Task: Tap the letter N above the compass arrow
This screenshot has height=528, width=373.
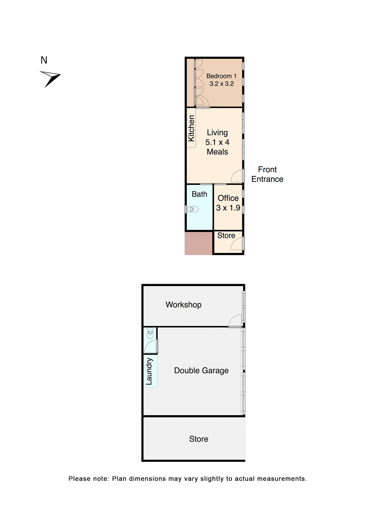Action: [x=44, y=60]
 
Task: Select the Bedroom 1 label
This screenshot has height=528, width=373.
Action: [x=221, y=76]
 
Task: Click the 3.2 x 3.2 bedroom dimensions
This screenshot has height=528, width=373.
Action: [x=221, y=84]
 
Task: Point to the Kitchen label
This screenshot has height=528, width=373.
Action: [x=191, y=128]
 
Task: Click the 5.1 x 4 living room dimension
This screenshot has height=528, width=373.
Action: [x=217, y=142]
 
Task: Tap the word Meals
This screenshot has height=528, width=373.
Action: [x=217, y=152]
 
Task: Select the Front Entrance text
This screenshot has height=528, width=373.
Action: [x=267, y=174]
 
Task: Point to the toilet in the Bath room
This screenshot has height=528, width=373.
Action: [x=193, y=209]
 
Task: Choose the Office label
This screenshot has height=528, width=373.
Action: [x=228, y=198]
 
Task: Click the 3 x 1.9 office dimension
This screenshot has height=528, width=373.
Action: [x=228, y=208]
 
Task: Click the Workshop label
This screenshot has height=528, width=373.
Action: [x=183, y=305]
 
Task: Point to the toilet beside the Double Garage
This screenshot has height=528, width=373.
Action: [x=150, y=333]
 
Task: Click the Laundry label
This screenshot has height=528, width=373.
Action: [x=149, y=371]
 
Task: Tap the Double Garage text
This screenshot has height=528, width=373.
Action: [x=201, y=371]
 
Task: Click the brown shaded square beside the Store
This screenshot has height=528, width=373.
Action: [x=198, y=243]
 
